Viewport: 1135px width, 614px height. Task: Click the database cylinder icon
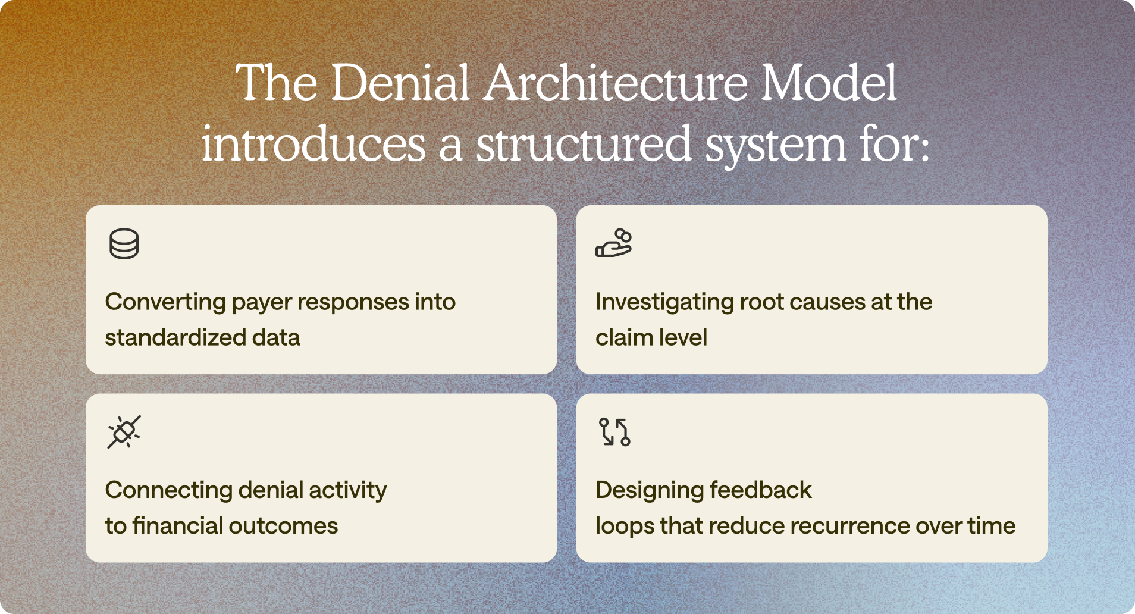(124, 244)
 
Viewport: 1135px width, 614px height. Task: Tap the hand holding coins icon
(613, 243)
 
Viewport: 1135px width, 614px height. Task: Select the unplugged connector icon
(124, 431)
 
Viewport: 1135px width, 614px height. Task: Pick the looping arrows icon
(614, 431)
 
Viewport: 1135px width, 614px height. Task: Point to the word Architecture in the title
(616, 83)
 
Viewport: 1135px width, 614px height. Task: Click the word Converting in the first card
(165, 302)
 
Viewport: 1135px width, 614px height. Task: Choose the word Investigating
(664, 302)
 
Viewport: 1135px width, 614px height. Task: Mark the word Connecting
(168, 490)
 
